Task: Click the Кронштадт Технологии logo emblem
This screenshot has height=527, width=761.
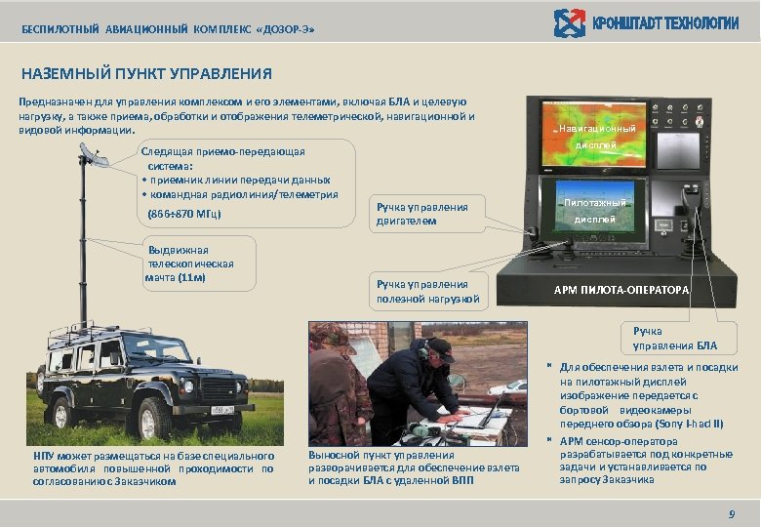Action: point(569,23)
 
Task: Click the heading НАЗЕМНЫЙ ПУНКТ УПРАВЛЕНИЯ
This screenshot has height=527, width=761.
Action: point(146,73)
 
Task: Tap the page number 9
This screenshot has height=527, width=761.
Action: point(731,514)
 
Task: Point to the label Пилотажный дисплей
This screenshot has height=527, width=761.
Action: point(594,211)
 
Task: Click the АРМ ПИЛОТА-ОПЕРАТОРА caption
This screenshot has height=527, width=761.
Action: point(621,290)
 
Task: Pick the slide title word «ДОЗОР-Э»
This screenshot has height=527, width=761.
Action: point(286,30)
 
